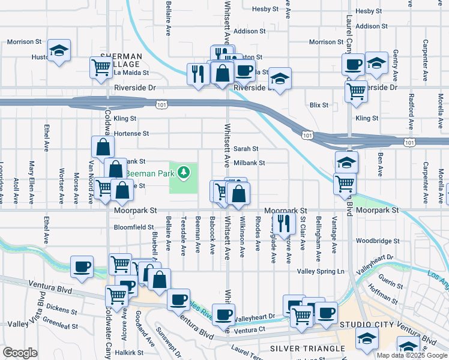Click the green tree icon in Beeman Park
(184, 173)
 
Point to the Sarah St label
(246, 149)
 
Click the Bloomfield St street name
(134, 227)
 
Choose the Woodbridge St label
(377, 241)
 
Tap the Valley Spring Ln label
(321, 271)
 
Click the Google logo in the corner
(20, 353)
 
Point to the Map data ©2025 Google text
(412, 355)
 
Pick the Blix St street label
(319, 105)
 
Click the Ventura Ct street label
(249, 330)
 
